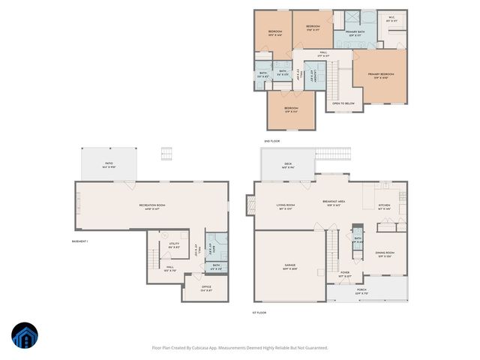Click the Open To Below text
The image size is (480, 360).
click(343, 103)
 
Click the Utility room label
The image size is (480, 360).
click(174, 244)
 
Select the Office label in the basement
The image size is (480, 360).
click(206, 287)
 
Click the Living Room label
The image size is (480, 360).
click(286, 205)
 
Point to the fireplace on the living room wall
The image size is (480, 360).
click(250, 204)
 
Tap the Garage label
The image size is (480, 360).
click(289, 266)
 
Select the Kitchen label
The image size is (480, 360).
click(384, 205)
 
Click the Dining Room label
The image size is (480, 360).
click(384, 254)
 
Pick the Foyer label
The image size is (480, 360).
click(344, 274)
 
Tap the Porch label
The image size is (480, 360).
click(361, 292)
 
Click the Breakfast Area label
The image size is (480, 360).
click(333, 202)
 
